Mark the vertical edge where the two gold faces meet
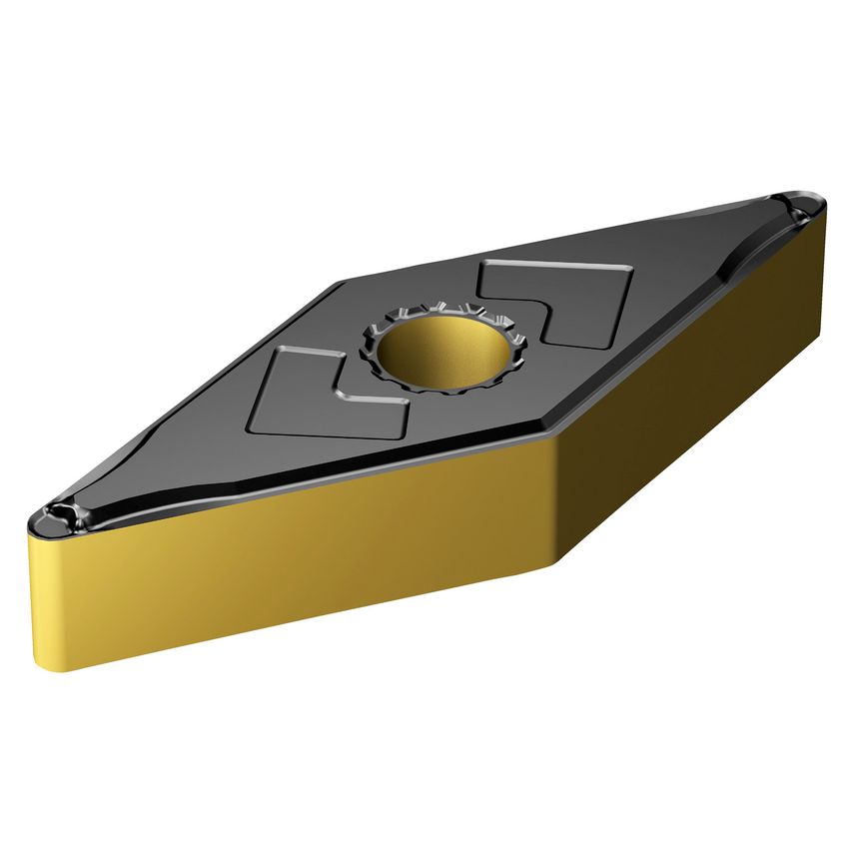[x=555, y=499]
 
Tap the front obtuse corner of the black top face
[x=554, y=439]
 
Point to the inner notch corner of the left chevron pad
[x=344, y=395]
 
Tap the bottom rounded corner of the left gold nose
[x=60, y=667]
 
